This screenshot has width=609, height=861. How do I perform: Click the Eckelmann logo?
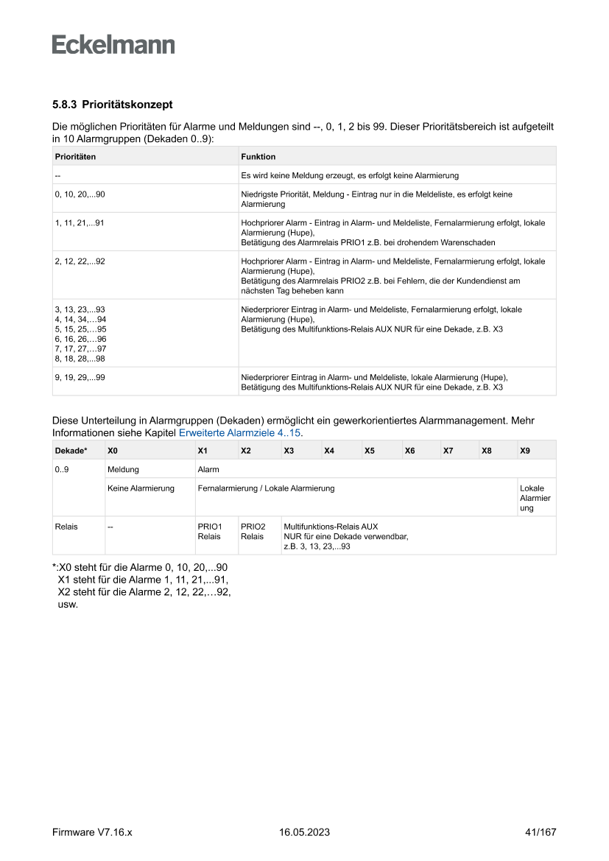[x=113, y=45]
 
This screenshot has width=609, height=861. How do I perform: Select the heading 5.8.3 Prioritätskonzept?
[x=112, y=105]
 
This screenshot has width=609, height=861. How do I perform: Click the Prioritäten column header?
[x=76, y=157]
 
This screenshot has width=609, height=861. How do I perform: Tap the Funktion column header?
[x=258, y=157]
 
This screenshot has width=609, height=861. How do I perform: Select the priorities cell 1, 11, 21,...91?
[x=80, y=222]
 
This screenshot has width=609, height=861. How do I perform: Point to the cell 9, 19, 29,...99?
[x=80, y=377]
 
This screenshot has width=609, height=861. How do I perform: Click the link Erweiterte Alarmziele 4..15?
[x=240, y=433]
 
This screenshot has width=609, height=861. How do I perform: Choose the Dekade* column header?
[x=71, y=450]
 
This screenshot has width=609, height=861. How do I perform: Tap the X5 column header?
[x=370, y=450]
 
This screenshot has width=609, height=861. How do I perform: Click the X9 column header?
[x=525, y=450]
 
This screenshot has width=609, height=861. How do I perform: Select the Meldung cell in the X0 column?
[x=123, y=469]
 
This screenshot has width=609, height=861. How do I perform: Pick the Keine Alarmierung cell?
[x=141, y=488]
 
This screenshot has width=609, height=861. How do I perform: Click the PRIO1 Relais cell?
[x=210, y=532]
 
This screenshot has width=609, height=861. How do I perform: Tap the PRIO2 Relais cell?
[x=253, y=532]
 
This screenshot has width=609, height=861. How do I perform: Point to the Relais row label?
[x=66, y=527]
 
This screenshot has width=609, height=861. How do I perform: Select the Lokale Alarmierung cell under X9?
[x=535, y=498]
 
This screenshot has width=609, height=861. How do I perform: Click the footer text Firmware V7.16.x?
[x=92, y=832]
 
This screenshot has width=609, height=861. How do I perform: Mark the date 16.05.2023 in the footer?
[x=305, y=832]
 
